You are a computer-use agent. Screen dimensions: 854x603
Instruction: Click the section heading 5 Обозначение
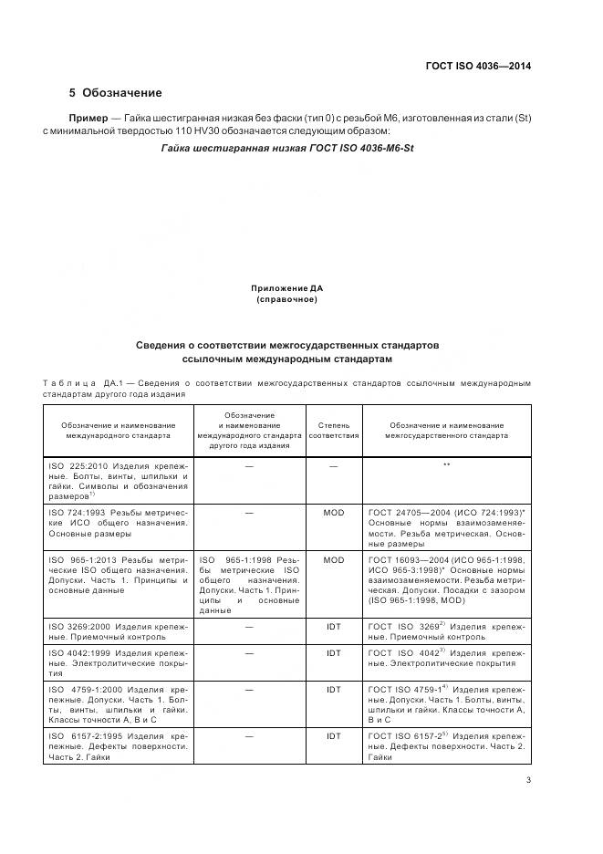click(x=116, y=93)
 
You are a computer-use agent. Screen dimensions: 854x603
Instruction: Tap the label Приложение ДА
click(x=287, y=288)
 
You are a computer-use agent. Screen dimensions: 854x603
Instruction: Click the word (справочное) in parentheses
click(x=287, y=299)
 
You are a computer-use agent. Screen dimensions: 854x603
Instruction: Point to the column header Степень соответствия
click(x=333, y=431)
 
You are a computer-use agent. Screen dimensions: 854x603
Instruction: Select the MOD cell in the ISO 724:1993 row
click(x=333, y=513)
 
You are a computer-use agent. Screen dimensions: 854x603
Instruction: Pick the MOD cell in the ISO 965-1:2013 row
click(x=333, y=560)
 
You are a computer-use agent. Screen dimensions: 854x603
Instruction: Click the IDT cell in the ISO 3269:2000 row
click(x=333, y=627)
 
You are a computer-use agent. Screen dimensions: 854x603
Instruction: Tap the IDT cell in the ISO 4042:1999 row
click(x=333, y=653)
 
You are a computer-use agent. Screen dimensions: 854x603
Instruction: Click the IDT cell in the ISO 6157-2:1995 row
click(x=333, y=735)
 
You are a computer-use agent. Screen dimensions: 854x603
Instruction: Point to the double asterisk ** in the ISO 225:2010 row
click(x=447, y=465)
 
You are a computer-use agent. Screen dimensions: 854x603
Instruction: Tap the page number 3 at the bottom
click(x=528, y=779)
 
